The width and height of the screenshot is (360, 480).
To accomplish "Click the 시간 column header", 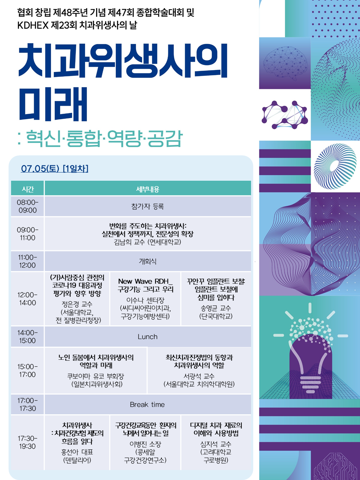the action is pos(27,189).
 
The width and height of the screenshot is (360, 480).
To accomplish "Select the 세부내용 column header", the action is pos(147,189).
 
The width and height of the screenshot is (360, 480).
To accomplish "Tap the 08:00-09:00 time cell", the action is pos(27,206).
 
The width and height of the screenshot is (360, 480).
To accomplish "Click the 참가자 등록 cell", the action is pos(147,206).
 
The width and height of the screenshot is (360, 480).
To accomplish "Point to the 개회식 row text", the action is pos(147,261).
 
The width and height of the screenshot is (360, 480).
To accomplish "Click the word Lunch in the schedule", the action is pos(147,336).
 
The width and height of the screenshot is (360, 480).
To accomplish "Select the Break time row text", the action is pos(147,404).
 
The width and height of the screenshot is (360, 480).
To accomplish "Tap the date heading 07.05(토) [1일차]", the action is pos(55,169).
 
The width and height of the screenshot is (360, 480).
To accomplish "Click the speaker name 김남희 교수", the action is pos(129,242).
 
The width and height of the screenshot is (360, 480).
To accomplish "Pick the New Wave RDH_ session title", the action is pos(145,281).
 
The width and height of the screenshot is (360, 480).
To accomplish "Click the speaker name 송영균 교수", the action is pos(216,308).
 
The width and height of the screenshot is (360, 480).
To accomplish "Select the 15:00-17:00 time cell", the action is pos(27,370).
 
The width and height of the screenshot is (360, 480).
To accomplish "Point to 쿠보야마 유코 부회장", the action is pos(95,376).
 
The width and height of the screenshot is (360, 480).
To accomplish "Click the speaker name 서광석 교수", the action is pos(199,376).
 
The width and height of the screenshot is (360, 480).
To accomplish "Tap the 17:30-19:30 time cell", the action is pos(27,442).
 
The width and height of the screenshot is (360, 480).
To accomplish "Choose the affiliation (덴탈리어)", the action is pos(77,460).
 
